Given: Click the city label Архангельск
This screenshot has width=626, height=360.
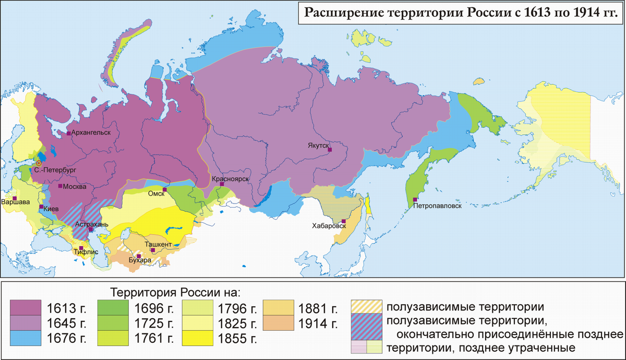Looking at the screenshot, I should pyautogui.click(x=91, y=133).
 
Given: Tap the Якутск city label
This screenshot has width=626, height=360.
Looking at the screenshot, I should pyautogui.click(x=318, y=147).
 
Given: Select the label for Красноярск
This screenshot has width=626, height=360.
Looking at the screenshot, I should pyautogui.click(x=230, y=179).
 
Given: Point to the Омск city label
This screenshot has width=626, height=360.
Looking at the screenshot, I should pyautogui.click(x=156, y=194).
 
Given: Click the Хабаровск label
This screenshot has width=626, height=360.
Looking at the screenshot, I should pyautogui.click(x=329, y=226).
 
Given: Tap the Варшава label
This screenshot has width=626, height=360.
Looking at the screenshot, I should pyautogui.click(x=16, y=202).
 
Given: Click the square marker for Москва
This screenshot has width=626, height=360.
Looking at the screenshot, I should pyautogui.click(x=61, y=186).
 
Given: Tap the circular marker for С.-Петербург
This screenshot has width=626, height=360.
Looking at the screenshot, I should pyautogui.click(x=39, y=163).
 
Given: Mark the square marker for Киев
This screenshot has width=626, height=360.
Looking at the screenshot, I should pyautogui.click(x=41, y=208).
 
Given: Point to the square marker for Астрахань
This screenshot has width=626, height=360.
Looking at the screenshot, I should pyautogui.click(x=90, y=230).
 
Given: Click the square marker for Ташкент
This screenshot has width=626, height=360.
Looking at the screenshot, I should pyautogui.click(x=153, y=250).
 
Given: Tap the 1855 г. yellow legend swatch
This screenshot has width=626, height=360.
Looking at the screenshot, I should pyautogui.click(x=197, y=338).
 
